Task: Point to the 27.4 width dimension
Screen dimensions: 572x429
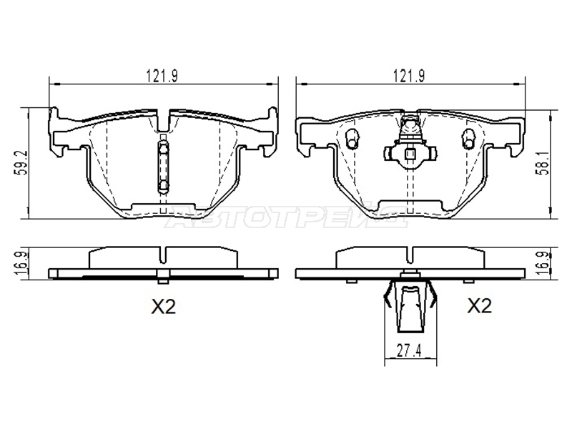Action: click(410, 351)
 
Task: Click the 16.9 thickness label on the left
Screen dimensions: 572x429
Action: click(22, 263)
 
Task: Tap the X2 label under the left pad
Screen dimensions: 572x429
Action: click(164, 307)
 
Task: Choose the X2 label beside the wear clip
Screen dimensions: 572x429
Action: click(480, 306)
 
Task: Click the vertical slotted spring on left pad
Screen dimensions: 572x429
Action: click(164, 166)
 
